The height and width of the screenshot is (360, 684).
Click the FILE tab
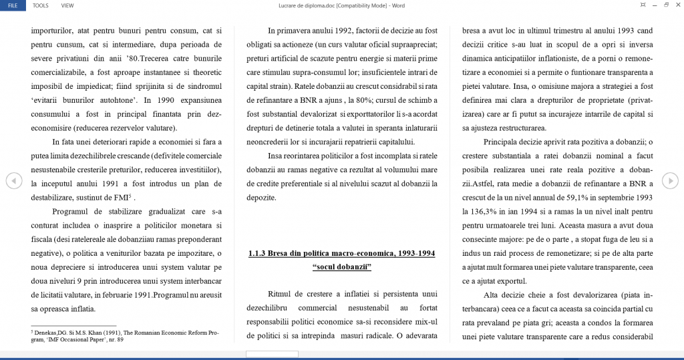[13, 5]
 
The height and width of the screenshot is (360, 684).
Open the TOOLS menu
[40, 5]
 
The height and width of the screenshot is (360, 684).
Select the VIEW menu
[67, 5]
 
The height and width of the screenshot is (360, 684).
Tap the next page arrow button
[670, 180]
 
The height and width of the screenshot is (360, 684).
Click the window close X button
[676, 5]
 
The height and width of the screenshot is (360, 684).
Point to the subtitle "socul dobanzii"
[341, 267]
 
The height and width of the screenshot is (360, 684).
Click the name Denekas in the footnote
[47, 332]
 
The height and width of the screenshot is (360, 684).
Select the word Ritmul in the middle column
[281, 295]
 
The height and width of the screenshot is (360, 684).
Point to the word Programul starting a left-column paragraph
[70, 212]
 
